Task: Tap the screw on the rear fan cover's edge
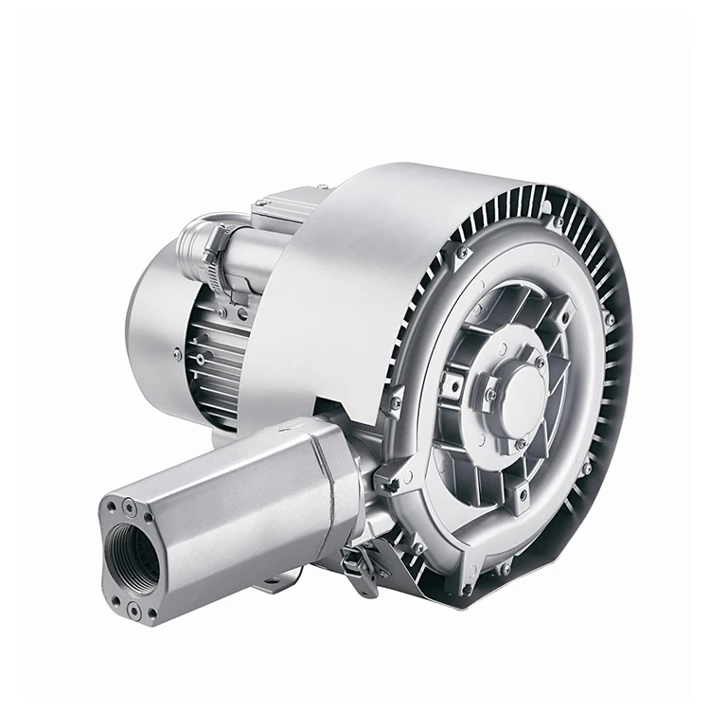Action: coord(177,353)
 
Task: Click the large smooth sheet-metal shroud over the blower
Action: coord(350,275)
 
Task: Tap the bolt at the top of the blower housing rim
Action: coord(559,223)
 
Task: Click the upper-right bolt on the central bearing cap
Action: coord(540,363)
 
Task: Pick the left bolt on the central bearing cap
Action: coord(490,394)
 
